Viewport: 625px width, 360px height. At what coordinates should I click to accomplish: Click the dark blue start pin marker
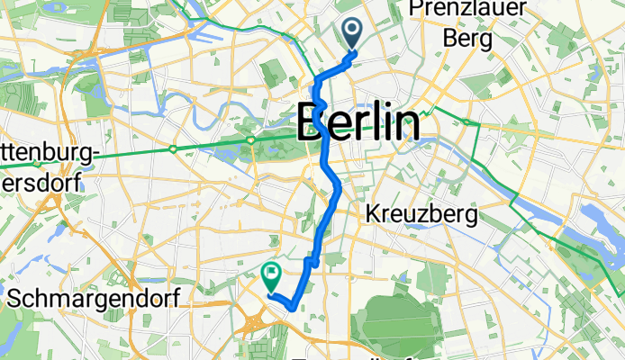350,33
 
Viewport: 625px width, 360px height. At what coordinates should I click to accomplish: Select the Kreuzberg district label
421,214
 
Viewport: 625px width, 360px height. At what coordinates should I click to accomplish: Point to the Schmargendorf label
89,297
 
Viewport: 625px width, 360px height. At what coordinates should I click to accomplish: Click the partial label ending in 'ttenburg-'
49,155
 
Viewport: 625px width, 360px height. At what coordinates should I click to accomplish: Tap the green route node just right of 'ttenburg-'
173,148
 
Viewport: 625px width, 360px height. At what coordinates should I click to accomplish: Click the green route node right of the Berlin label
468,121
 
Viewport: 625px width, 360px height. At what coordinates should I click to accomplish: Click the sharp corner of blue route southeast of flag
294,309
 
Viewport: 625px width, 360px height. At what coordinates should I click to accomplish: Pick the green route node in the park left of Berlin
251,139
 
